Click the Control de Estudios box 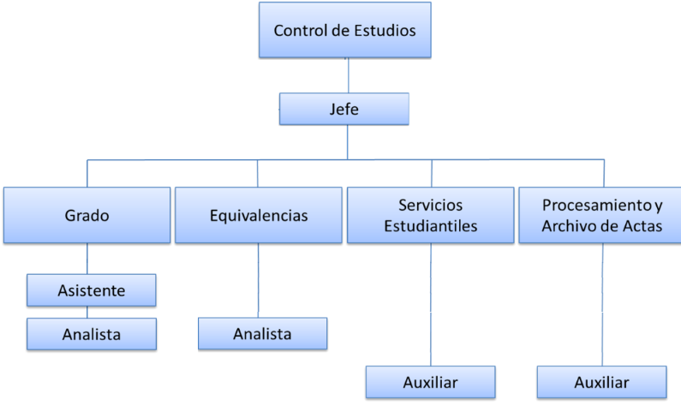[x=345, y=31]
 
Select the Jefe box [x=344, y=109]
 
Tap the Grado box [x=87, y=215]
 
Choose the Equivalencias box [x=258, y=215]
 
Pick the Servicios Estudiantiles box [x=430, y=215]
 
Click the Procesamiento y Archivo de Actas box [x=602, y=215]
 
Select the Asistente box [x=92, y=290]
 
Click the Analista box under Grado [x=92, y=334]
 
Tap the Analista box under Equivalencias [x=262, y=334]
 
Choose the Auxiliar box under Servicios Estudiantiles [x=430, y=382]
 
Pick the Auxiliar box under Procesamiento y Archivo [x=601, y=382]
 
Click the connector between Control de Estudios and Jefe [x=347, y=75]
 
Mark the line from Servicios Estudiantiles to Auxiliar [x=430, y=304]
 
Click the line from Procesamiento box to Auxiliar [x=602, y=304]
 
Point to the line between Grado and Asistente [x=87, y=259]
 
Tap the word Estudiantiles [x=431, y=226]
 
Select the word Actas [x=642, y=226]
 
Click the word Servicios [x=431, y=206]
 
